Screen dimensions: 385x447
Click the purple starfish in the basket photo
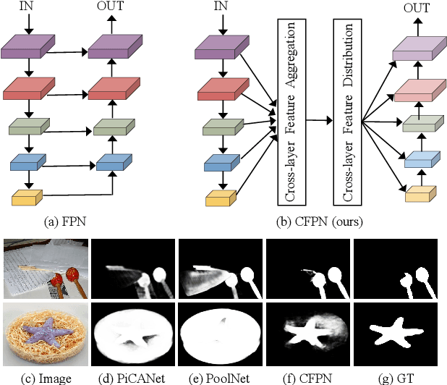(45, 333)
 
